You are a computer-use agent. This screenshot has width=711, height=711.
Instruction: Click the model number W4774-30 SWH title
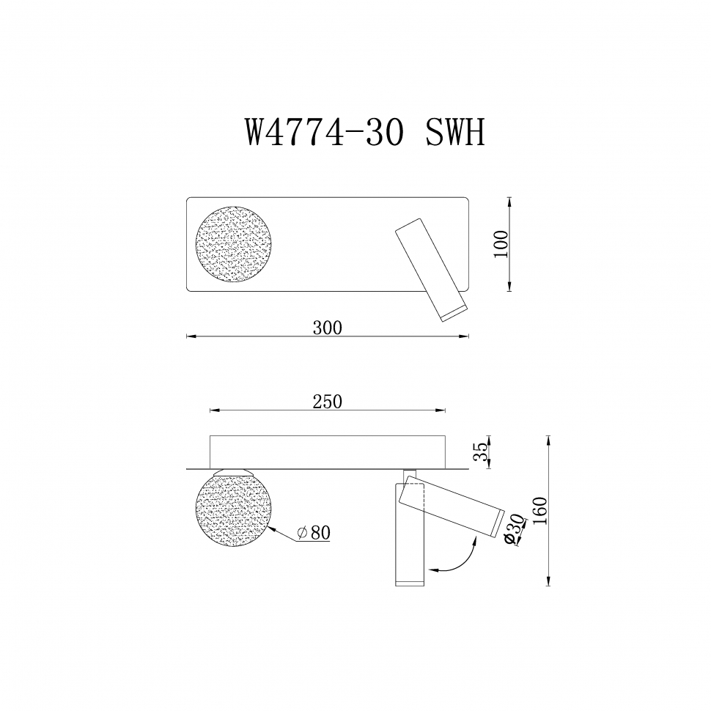click(x=364, y=133)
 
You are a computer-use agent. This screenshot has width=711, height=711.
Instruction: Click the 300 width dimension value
click(x=327, y=328)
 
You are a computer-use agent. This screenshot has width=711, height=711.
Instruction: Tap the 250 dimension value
click(x=327, y=401)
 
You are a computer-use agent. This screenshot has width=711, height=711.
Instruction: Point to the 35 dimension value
click(x=479, y=452)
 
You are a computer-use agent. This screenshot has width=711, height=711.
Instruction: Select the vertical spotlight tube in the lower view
click(x=409, y=542)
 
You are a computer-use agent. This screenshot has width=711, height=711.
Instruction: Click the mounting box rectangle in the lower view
click(x=327, y=449)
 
